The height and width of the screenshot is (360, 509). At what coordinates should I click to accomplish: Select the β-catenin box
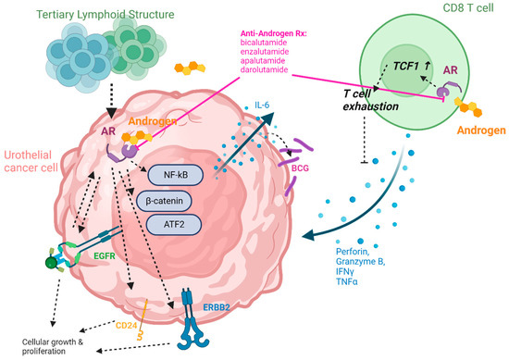[170, 198]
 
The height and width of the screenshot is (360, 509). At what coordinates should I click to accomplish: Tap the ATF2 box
[170, 224]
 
